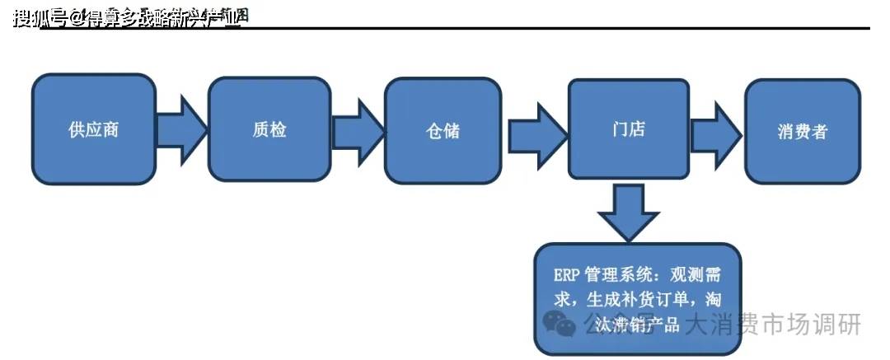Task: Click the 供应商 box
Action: (94, 129)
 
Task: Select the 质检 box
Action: (269, 129)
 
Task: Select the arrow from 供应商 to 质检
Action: (182, 129)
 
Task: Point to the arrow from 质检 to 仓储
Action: (358, 131)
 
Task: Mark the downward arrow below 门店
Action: (628, 212)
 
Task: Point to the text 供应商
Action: (94, 130)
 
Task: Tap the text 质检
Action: (269, 129)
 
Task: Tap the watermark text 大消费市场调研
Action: (773, 324)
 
